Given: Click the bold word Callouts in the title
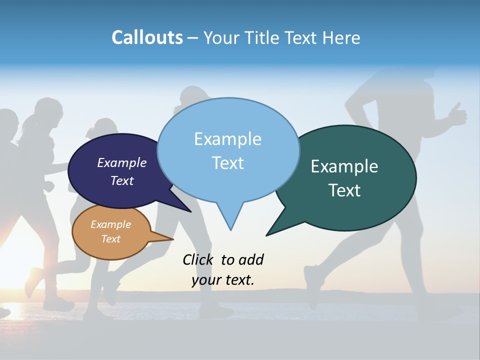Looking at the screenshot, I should click(x=147, y=37).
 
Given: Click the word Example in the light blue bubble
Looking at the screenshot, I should click(x=227, y=139).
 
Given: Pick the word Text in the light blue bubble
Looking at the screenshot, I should click(x=227, y=163).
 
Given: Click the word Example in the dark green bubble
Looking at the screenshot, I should click(x=344, y=166).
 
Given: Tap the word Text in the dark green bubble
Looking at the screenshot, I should click(x=345, y=190).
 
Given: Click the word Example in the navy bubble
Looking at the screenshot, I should click(x=121, y=162).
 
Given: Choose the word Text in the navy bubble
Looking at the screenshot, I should click(x=121, y=181).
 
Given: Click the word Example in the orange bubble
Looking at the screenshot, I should click(x=110, y=224).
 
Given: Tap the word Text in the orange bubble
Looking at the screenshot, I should click(x=110, y=239).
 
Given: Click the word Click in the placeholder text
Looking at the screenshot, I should click(x=197, y=259).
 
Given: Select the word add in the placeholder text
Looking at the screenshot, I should click(x=251, y=259).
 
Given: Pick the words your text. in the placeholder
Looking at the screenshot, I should click(x=223, y=280).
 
